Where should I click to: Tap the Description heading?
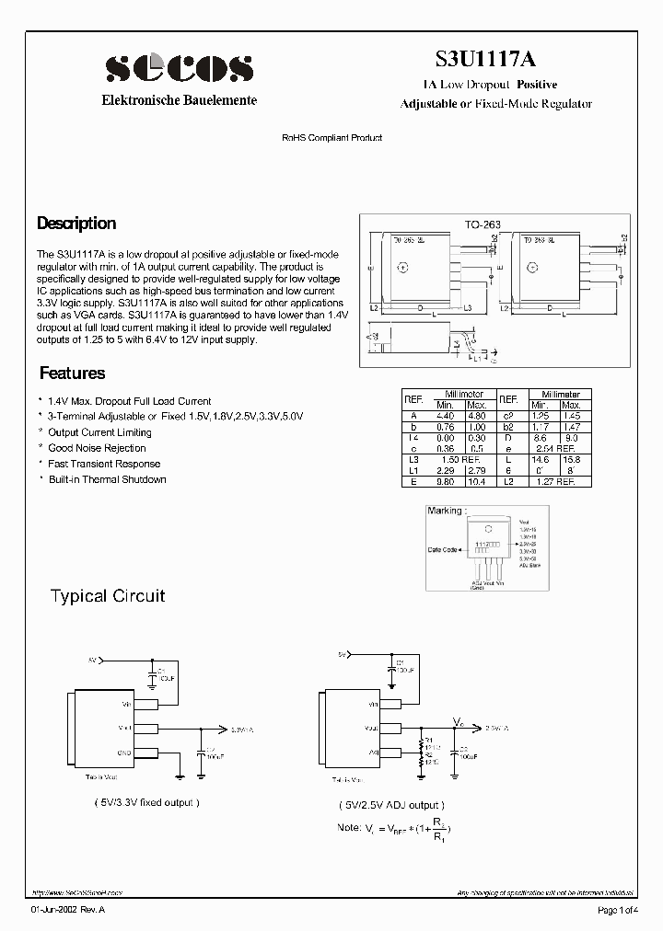pos(76,224)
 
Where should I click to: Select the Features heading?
pos(72,374)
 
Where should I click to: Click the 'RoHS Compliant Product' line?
pos(331,138)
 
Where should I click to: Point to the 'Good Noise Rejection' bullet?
pos(97,448)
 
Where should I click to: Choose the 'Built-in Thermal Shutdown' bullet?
pos(107,479)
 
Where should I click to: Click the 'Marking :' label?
pos(447,510)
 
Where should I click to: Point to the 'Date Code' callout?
pos(443,550)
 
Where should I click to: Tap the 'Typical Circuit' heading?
pos(107,596)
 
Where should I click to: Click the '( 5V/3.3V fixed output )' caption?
pos(146,802)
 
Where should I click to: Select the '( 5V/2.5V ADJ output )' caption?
pos(390,804)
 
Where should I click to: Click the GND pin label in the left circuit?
pos(126,752)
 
